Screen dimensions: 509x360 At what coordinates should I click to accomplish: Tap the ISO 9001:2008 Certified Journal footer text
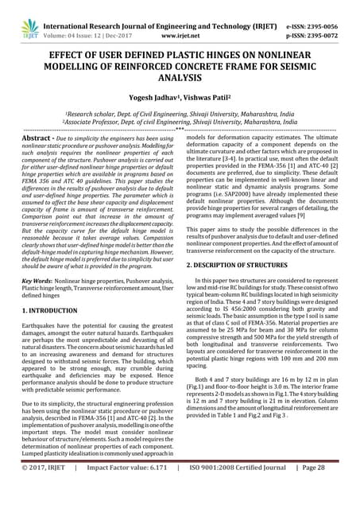241,489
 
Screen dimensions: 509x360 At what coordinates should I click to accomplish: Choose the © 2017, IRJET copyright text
42,489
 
